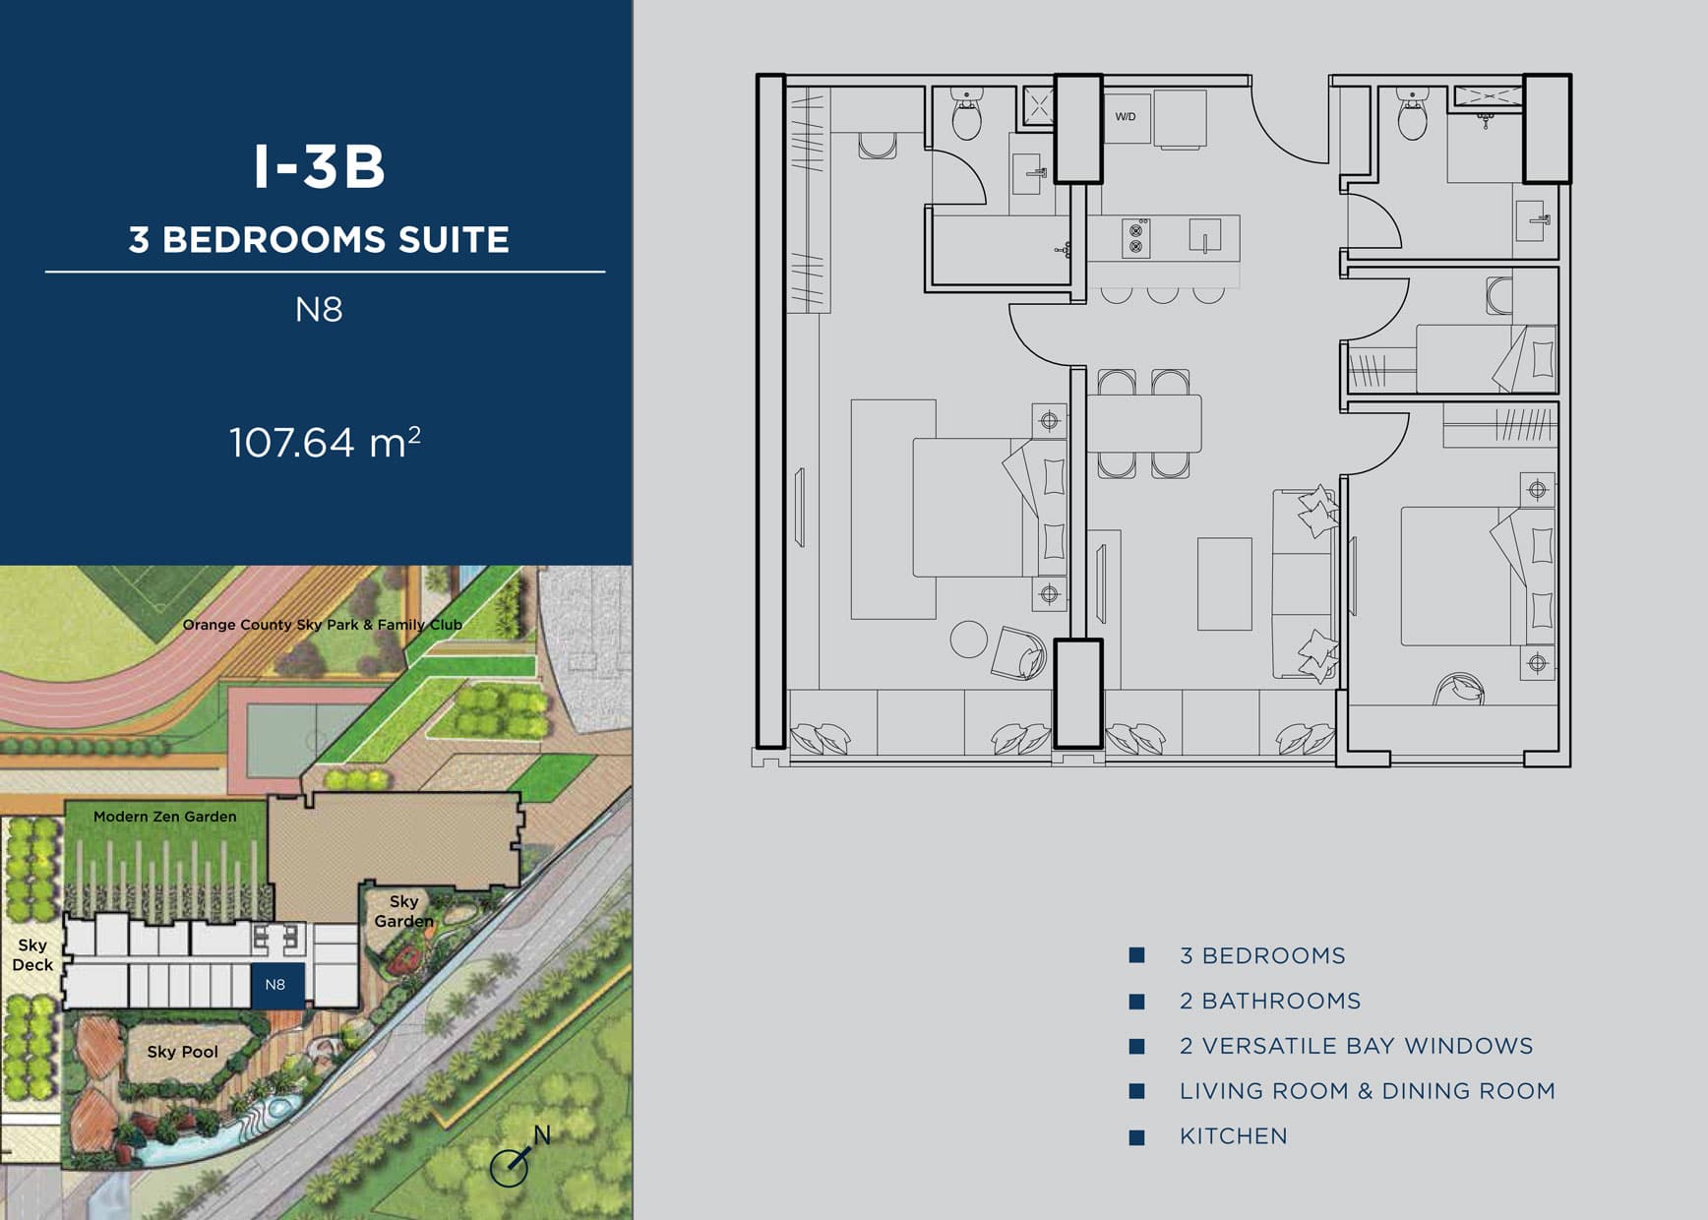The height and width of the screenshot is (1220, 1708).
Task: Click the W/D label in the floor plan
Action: click(x=1126, y=117)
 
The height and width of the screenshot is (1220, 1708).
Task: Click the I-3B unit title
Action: click(x=320, y=166)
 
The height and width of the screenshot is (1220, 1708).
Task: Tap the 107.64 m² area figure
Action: click(x=325, y=442)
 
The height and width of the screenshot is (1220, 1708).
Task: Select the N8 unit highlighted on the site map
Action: click(x=276, y=984)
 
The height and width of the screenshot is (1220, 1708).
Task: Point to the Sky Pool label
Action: click(x=183, y=1052)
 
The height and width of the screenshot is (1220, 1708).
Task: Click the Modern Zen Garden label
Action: click(x=165, y=817)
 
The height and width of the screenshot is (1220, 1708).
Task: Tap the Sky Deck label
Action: click(x=32, y=954)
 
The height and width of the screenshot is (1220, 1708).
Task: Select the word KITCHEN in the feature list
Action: click(x=1234, y=1136)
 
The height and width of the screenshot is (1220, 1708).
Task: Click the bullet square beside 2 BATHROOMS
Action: click(x=1137, y=1002)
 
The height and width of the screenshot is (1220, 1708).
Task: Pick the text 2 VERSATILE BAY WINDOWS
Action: click(x=1357, y=1046)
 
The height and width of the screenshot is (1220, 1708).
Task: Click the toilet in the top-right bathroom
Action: click(x=1412, y=115)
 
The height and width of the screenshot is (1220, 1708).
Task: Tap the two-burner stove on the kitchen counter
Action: click(x=1135, y=238)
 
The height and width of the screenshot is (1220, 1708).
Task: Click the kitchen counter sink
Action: click(x=1205, y=236)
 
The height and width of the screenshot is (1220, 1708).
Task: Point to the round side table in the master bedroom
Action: click(x=968, y=640)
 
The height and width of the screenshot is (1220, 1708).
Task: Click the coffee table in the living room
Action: click(x=1225, y=583)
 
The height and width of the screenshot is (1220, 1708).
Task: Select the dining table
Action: click(x=1144, y=423)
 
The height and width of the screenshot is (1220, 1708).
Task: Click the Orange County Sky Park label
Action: click(x=322, y=625)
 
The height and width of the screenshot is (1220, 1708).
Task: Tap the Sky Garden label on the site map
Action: click(x=403, y=911)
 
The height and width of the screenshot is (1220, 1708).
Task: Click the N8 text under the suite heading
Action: click(x=319, y=310)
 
